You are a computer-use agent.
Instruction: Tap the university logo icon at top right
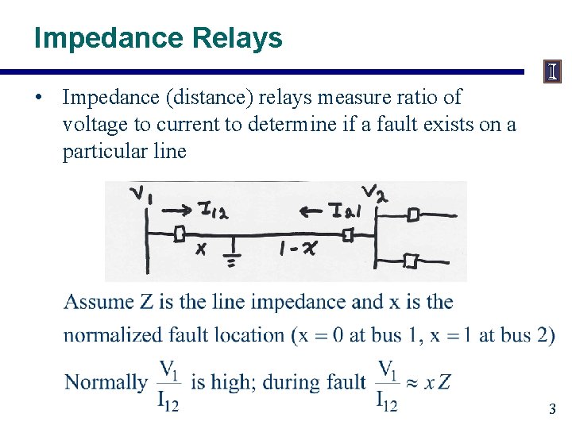point(552,72)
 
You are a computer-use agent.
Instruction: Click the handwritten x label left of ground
point(201,249)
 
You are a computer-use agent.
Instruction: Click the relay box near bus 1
point(180,234)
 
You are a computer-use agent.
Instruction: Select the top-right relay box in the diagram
point(413,214)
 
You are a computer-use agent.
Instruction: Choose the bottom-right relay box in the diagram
point(411,260)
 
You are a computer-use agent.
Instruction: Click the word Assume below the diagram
point(99,302)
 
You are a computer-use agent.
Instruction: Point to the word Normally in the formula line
point(106,382)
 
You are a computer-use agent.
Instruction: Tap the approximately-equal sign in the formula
point(412,382)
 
